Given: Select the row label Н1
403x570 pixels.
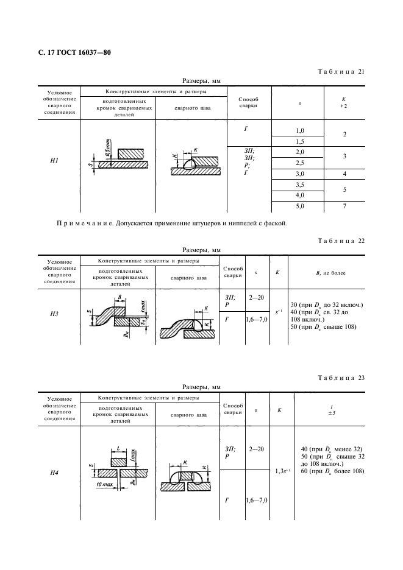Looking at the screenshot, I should click(54, 161).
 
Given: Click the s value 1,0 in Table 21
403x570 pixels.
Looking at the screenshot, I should click(299, 131).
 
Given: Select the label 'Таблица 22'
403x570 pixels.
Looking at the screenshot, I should click(341, 241).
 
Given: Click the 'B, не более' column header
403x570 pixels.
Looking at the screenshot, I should click(326, 272).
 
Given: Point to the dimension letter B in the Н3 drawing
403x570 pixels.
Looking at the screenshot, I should click(120, 296).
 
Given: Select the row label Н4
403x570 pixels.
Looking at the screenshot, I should click(54, 471).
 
